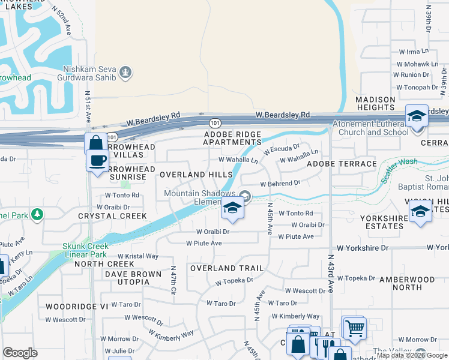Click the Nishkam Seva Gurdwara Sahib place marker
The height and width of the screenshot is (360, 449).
tap(125, 73)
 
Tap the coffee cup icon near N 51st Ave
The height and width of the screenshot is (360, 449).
tap(97, 160)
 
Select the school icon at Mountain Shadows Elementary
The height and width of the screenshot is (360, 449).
tap(232, 208)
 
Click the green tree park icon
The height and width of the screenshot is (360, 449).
tap(37, 215)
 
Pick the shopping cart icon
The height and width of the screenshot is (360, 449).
tap(354, 328)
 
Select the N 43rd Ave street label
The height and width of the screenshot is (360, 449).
tap(330, 272)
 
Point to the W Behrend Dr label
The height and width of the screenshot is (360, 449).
tap(280, 183)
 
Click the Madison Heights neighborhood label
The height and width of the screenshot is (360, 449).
tap(384, 104)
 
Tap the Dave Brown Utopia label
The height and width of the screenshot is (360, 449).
tap(133, 279)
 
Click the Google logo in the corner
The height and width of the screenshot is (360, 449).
tap(20, 353)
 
